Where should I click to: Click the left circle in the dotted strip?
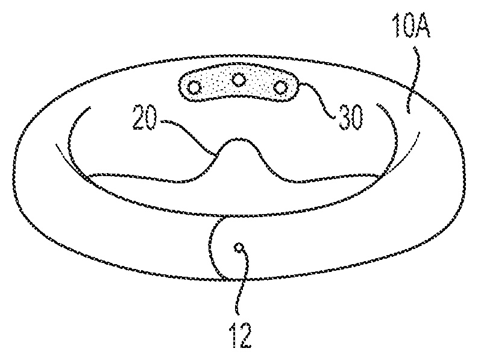tap(195, 87)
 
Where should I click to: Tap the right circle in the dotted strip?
tap(279, 87)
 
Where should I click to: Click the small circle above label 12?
tap(239, 247)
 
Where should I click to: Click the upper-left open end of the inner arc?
tap(90, 107)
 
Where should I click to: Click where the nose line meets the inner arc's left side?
tap(89, 176)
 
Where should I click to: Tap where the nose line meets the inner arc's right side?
tap(380, 176)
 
